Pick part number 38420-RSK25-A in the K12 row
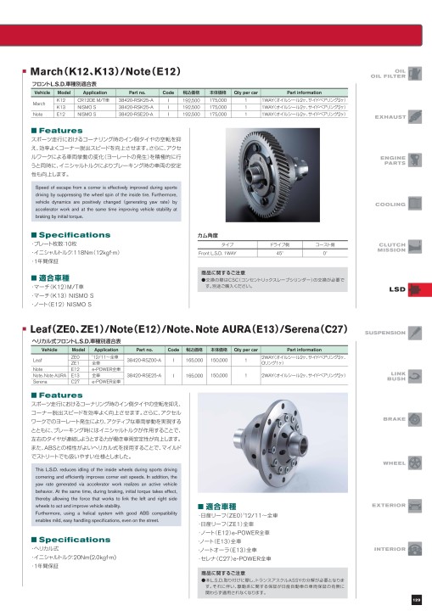137,100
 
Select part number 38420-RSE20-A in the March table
137,113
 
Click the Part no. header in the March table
137,92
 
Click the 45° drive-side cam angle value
280,253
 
